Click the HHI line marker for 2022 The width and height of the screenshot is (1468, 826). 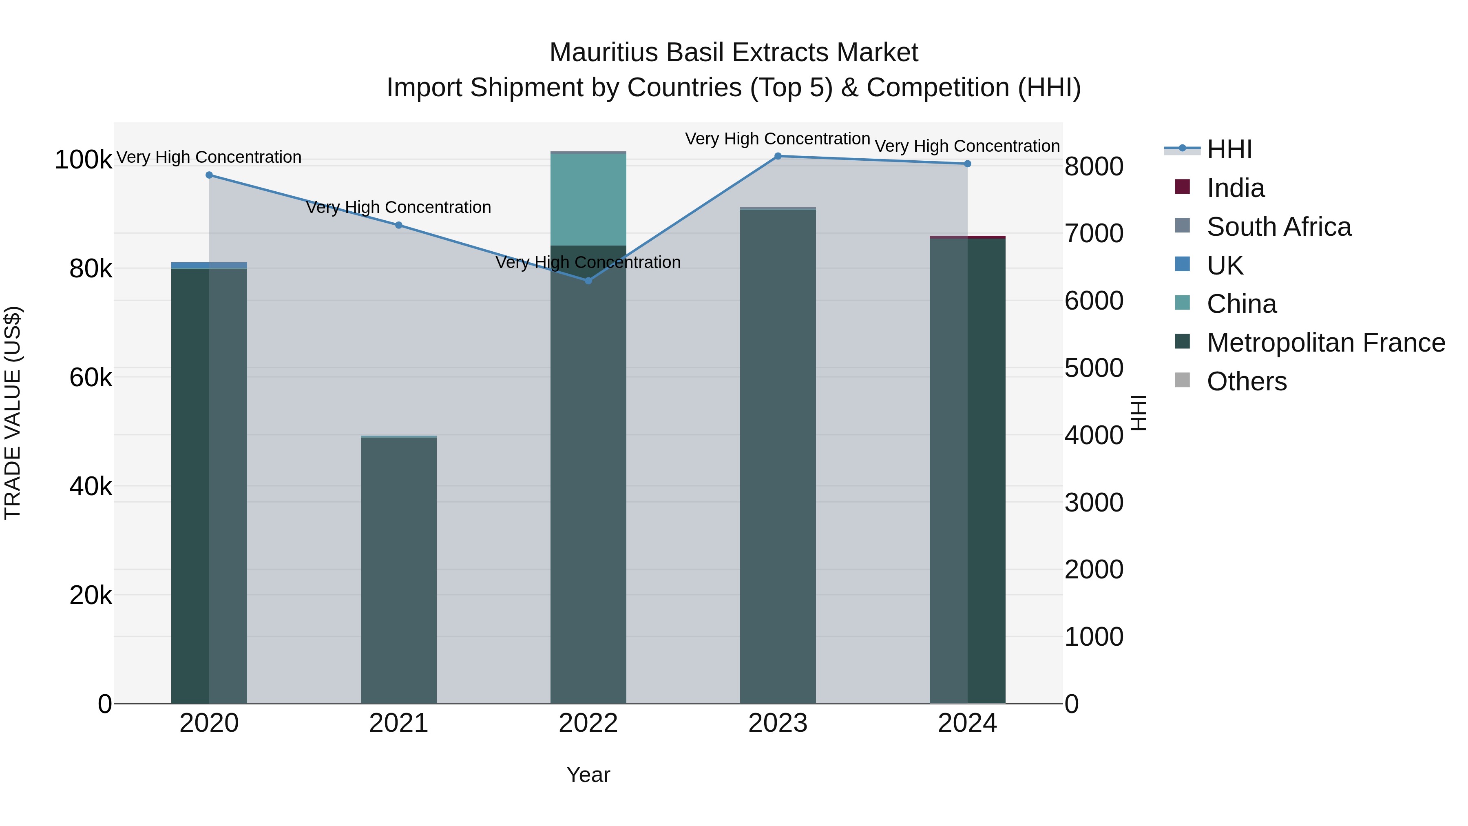pyautogui.click(x=588, y=281)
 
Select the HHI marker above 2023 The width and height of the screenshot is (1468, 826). pyautogui.click(x=778, y=156)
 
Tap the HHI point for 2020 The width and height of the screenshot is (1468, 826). pyautogui.click(x=209, y=175)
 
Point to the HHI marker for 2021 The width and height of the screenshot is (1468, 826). pyautogui.click(x=399, y=225)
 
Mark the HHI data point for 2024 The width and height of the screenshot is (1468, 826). pyautogui.click(x=967, y=164)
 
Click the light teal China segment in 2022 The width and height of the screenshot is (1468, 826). pyautogui.click(x=588, y=199)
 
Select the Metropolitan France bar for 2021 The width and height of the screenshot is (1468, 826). pyautogui.click(x=399, y=570)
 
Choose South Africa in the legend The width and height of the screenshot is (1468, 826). pyautogui.click(x=1278, y=227)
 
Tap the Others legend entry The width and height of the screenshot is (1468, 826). pyautogui.click(x=1246, y=381)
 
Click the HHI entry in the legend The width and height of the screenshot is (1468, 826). pyautogui.click(x=1229, y=149)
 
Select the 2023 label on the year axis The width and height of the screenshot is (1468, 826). pyautogui.click(x=778, y=723)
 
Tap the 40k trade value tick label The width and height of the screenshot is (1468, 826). pyautogui.click(x=91, y=486)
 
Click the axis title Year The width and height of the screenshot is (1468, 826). pyautogui.click(x=588, y=775)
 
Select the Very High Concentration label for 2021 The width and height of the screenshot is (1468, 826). pyautogui.click(x=399, y=208)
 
